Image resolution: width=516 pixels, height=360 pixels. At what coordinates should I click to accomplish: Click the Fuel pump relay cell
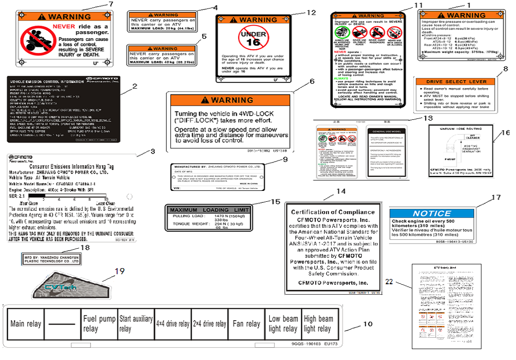[99, 324]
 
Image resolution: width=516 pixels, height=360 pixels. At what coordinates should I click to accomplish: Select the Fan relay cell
[246, 324]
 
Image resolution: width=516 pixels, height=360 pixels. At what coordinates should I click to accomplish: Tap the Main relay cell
[26, 324]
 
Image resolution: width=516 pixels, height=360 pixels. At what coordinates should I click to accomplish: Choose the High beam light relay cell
[319, 324]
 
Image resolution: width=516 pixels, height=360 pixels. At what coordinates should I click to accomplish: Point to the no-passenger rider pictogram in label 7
[35, 39]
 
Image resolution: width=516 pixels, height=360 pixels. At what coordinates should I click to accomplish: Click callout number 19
[119, 271]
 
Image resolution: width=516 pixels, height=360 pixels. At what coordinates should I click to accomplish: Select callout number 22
[389, 282]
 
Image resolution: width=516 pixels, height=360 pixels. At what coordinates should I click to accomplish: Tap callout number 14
[341, 191]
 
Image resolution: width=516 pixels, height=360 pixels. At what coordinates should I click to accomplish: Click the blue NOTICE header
[432, 213]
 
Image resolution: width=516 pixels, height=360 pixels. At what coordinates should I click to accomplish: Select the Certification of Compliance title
[332, 212]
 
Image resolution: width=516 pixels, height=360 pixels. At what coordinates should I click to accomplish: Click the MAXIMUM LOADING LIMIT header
[209, 210]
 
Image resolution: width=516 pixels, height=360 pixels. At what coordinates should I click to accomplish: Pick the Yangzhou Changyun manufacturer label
[52, 259]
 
